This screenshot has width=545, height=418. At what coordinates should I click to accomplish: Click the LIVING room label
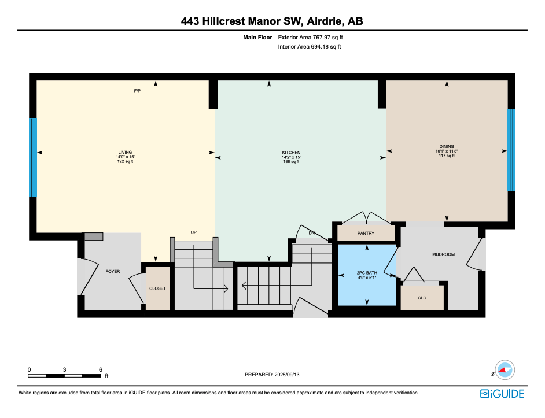click(126, 152)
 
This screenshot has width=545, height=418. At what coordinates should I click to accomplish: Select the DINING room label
click(446, 147)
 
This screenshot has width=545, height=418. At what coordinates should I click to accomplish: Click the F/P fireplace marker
click(137, 91)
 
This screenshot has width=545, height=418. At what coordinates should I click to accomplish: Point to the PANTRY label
click(366, 234)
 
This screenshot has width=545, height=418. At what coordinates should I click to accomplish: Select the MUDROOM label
click(443, 254)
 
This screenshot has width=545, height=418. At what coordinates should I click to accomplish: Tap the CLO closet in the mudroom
click(422, 298)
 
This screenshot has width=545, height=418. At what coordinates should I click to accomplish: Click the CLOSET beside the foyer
click(158, 288)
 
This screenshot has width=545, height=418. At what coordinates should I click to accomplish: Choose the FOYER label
click(112, 271)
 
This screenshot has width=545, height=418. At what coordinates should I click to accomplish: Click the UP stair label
click(194, 232)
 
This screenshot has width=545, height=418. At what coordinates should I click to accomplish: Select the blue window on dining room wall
click(511, 150)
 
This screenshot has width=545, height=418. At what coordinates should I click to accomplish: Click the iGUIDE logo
click(502, 394)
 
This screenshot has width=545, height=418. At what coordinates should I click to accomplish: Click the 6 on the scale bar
click(100, 369)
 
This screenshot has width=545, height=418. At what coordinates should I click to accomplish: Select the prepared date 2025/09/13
click(272, 375)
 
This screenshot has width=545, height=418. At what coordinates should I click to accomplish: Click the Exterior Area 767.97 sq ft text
click(314, 37)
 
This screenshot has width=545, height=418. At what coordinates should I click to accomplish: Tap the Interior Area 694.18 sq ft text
click(310, 47)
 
